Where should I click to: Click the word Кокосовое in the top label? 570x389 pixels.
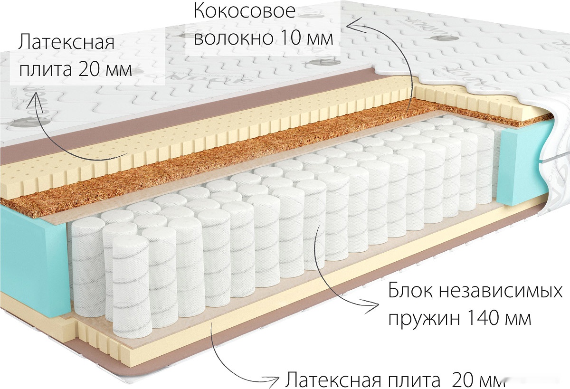245,11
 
